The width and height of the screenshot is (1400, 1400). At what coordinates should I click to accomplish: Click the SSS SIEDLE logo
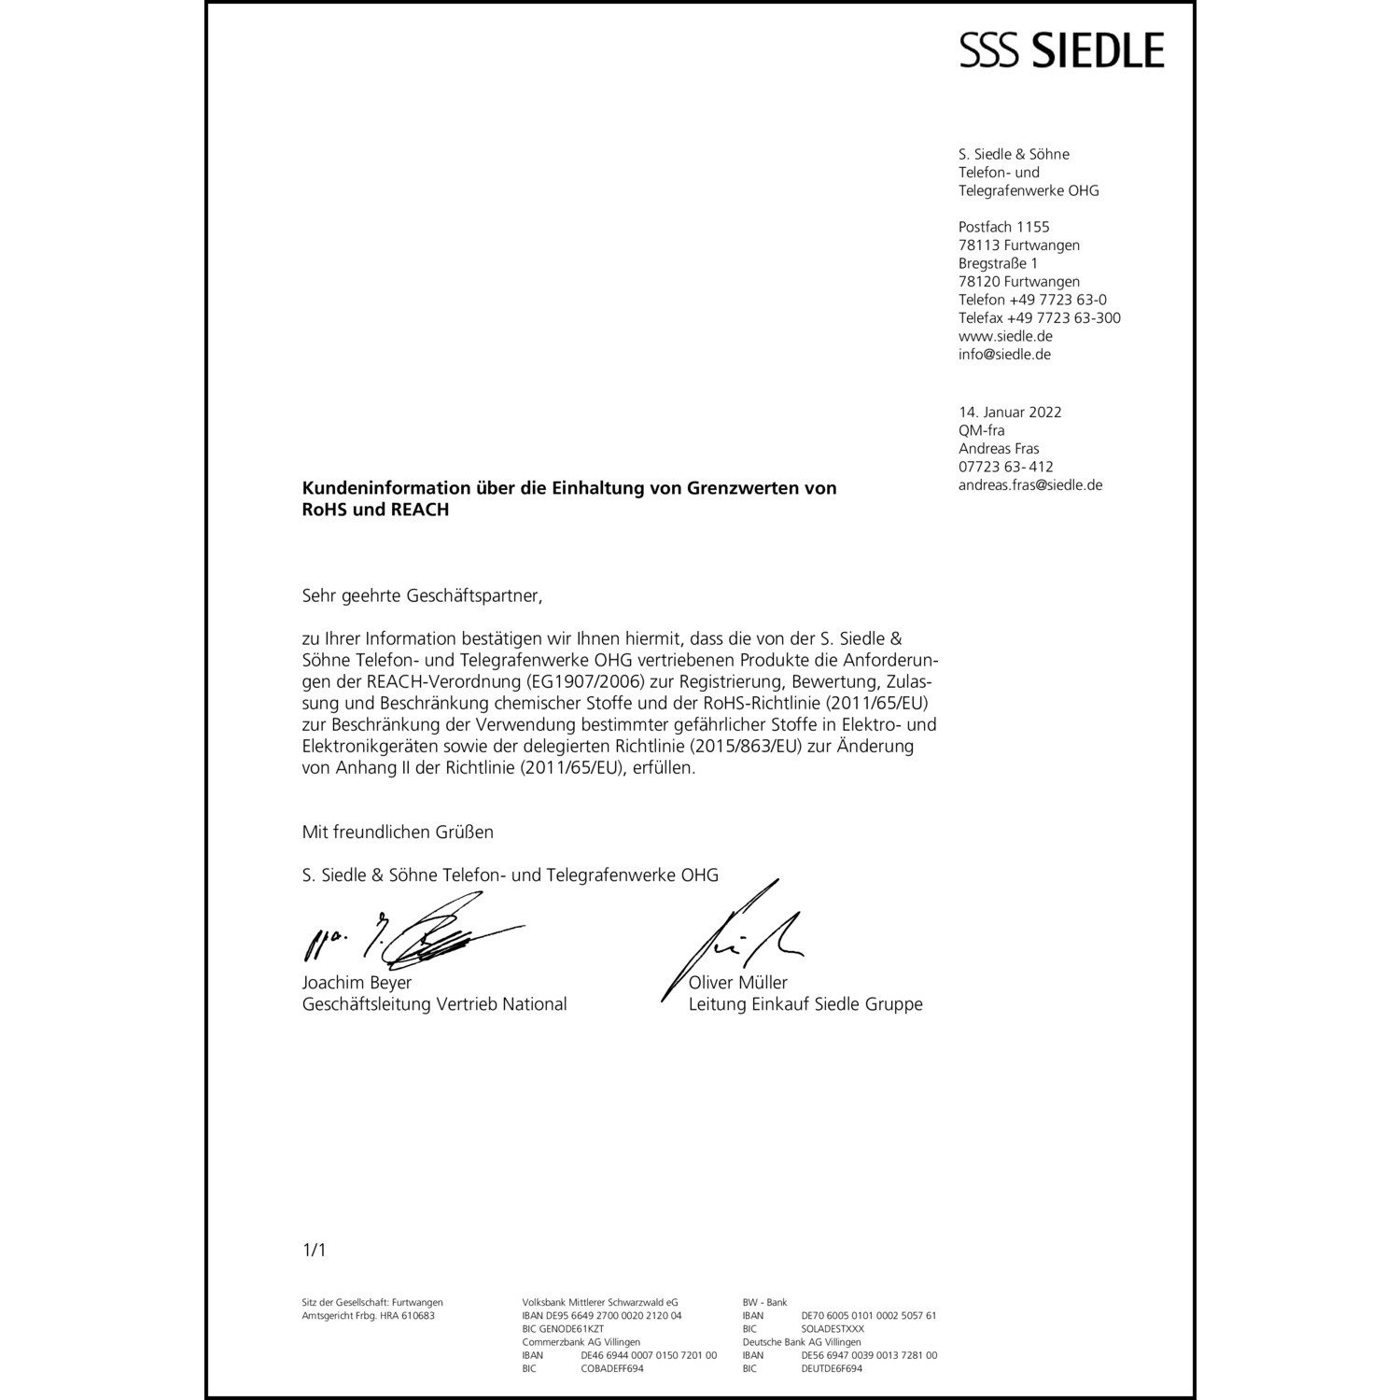pos(1062,49)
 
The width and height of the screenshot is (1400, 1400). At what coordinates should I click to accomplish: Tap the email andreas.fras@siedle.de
pos(1030,485)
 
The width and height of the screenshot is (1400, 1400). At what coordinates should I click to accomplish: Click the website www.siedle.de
pos(1005,336)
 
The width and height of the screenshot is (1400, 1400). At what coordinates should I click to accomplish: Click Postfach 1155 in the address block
pos(1003,227)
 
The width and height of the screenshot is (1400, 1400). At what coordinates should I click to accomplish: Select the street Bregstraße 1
pos(998,263)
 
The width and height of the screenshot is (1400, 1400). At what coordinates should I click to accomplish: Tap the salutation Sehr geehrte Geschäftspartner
pos(421,595)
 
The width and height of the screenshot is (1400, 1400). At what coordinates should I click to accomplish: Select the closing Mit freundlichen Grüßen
pos(398,832)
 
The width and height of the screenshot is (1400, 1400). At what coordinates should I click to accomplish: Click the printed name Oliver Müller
pos(738,983)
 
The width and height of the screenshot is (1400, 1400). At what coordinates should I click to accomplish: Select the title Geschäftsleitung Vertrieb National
pos(434,1004)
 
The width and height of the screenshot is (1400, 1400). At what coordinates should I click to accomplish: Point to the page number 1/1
pos(314,1250)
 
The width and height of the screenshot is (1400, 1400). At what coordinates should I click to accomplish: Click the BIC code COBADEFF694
pos(612,1368)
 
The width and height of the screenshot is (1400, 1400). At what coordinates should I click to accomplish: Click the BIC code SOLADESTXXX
pos(833,1329)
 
